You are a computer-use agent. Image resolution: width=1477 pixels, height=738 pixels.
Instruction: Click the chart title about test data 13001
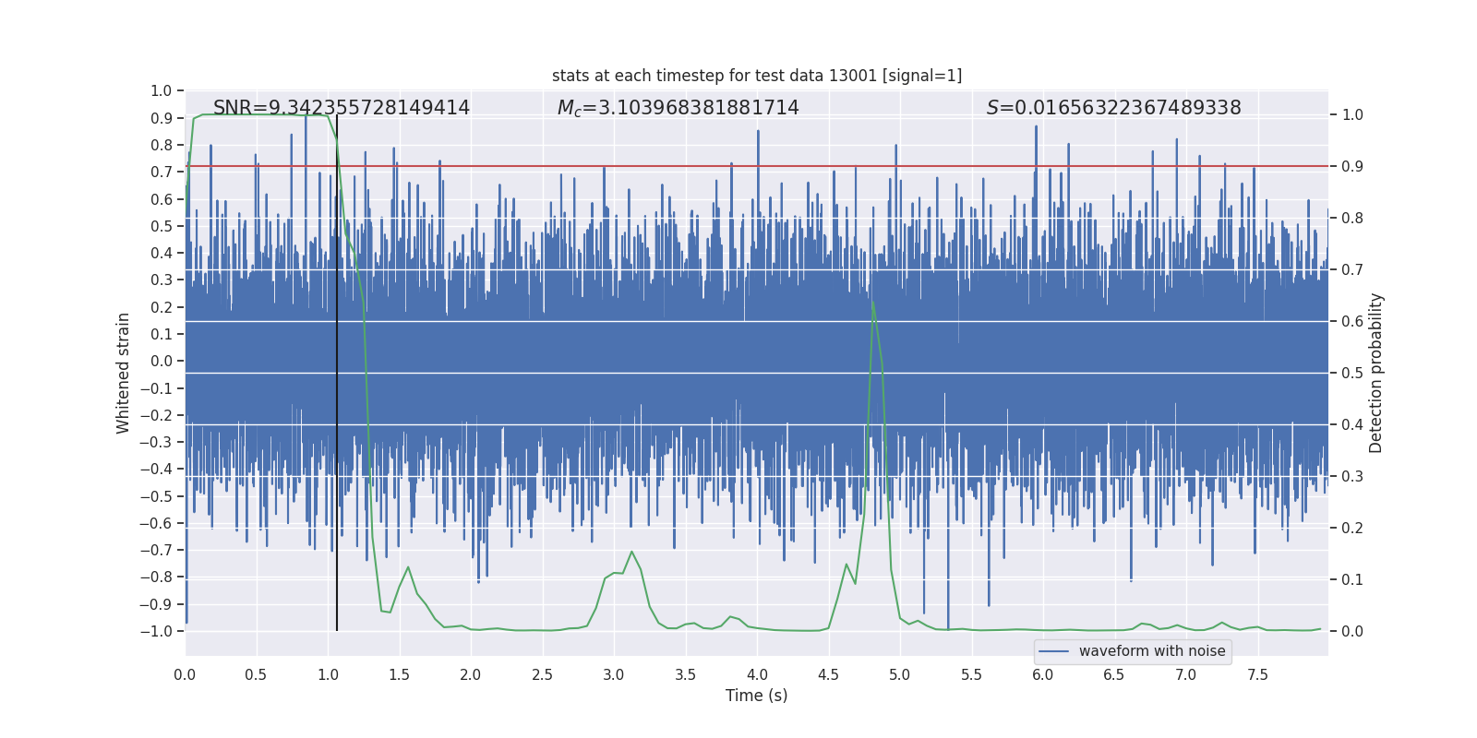pyautogui.click(x=756, y=76)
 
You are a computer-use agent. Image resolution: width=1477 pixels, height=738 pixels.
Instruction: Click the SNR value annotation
pyautogui.click(x=342, y=108)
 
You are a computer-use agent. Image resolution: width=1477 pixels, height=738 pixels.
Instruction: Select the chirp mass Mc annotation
pyautogui.click(x=678, y=108)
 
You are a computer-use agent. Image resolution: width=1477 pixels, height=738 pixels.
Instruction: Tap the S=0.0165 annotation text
pyautogui.click(x=1113, y=108)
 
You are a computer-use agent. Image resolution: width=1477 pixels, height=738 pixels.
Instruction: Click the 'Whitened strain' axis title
pyautogui.click(x=124, y=373)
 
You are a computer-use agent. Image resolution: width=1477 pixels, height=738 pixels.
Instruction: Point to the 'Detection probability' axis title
pyautogui.click(x=1375, y=373)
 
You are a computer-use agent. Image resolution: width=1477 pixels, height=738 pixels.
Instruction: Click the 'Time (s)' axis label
pyautogui.click(x=756, y=696)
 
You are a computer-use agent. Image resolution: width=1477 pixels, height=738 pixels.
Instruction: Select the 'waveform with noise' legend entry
pyautogui.click(x=1151, y=651)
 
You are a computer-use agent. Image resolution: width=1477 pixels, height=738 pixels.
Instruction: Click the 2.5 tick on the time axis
pyautogui.click(x=542, y=674)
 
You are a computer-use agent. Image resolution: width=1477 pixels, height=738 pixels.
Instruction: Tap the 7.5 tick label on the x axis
pyautogui.click(x=1257, y=674)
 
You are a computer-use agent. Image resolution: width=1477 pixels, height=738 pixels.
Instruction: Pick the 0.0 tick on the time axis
pyautogui.click(x=185, y=674)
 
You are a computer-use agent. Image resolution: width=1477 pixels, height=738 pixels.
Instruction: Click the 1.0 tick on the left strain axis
pyautogui.click(x=162, y=90)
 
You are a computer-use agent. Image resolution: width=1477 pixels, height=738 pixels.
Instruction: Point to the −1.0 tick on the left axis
pyautogui.click(x=157, y=631)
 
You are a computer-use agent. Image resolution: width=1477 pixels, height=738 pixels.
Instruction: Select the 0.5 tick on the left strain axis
pyautogui.click(x=162, y=226)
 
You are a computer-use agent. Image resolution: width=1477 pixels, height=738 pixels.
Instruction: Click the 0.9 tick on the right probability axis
pyautogui.click(x=1352, y=166)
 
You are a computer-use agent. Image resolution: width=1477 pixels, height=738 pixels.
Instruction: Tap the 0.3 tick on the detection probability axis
pyautogui.click(x=1352, y=476)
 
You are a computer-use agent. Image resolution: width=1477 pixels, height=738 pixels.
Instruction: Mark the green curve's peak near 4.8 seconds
pyautogui.click(x=872, y=300)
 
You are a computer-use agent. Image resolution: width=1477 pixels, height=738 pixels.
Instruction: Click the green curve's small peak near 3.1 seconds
pyautogui.click(x=632, y=552)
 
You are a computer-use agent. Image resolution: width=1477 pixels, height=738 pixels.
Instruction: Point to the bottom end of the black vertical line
pyautogui.click(x=337, y=630)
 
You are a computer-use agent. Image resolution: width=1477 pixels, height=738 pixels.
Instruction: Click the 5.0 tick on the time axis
pyautogui.click(x=899, y=674)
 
